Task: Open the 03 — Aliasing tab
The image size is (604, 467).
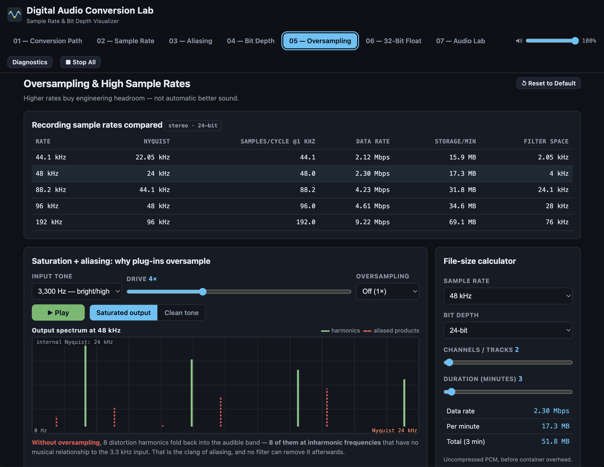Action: coord(191,41)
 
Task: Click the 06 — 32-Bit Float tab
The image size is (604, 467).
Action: coord(393,41)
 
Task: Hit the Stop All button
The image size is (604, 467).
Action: coord(81,62)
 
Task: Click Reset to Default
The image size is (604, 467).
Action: coord(548,83)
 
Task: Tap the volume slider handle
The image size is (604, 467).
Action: coord(575,41)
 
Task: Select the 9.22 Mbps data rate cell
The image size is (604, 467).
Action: coord(372,222)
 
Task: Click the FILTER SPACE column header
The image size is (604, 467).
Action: coord(546,141)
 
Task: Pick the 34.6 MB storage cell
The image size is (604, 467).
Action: coord(462,206)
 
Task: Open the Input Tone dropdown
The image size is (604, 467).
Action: coord(77,292)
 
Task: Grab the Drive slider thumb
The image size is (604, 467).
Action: coord(203,292)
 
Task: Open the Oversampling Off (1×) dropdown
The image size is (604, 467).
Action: coord(387,292)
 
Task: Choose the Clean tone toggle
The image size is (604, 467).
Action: coord(181,313)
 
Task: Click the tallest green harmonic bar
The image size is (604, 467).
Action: coord(85,386)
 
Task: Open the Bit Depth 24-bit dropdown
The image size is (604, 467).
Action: coord(508,330)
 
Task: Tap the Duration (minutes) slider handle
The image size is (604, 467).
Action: coord(451,392)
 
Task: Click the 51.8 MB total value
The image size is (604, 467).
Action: coord(555,442)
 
